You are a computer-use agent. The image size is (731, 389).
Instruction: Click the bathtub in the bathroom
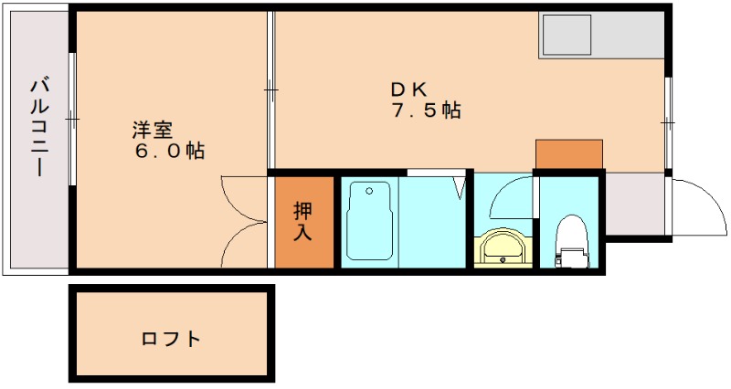[370, 221]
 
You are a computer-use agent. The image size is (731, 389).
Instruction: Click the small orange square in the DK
[568, 154]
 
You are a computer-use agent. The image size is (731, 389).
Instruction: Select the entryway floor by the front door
[636, 205]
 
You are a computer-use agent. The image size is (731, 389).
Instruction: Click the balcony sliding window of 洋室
[71, 119]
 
